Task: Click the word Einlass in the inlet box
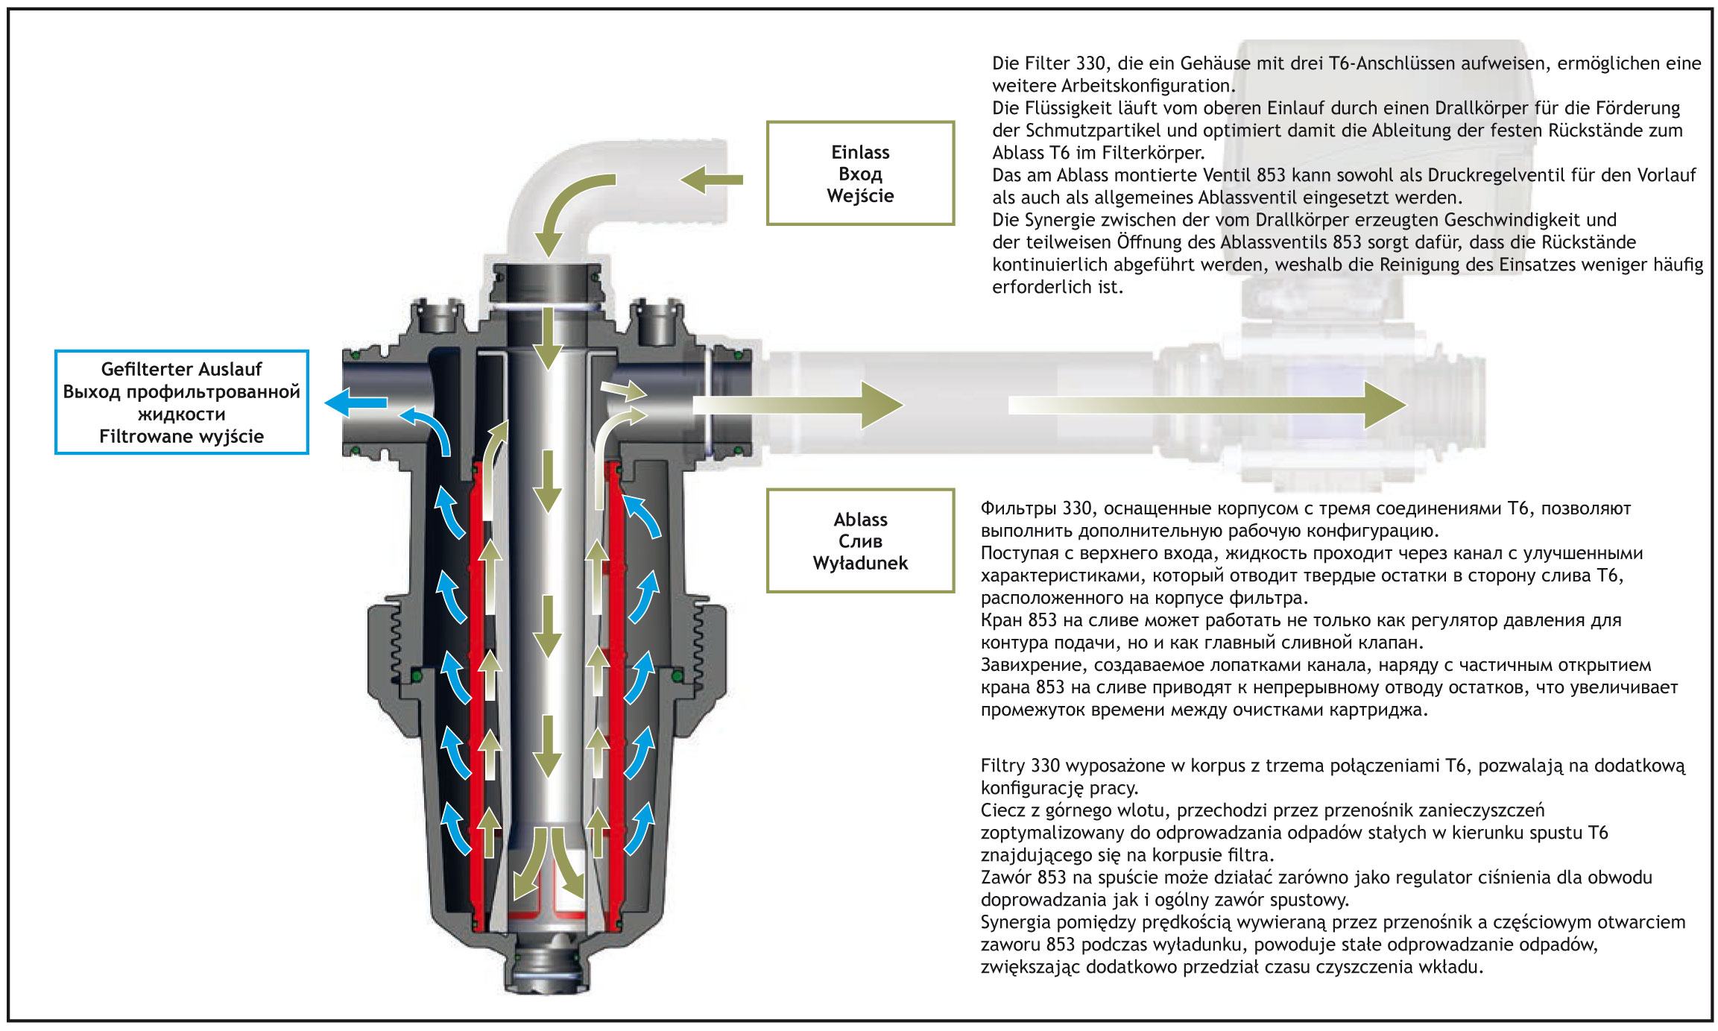pos(860,152)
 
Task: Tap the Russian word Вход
pos(860,174)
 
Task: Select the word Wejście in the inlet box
pos(860,195)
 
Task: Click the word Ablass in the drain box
pos(860,519)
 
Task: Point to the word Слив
pos(860,540)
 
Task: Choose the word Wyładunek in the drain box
pos(860,563)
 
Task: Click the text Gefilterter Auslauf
pos(181,369)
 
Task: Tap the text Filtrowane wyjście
pos(181,436)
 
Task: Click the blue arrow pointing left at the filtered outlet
pos(356,403)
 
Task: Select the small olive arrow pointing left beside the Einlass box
pos(711,180)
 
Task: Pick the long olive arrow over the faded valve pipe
pos(1207,405)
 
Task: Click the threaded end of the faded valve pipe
pos(1465,403)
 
